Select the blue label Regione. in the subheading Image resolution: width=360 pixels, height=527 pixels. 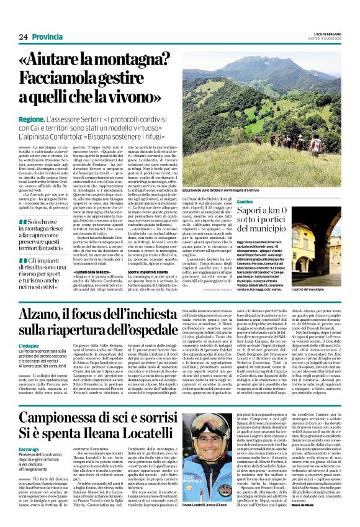click(x=31, y=118)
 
